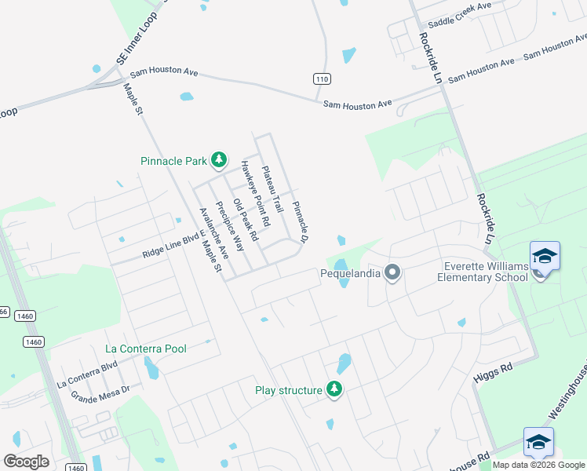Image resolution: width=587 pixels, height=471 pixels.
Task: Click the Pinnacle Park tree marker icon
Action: (x=219, y=161)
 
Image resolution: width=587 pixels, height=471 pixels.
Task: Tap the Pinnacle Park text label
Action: (x=173, y=161)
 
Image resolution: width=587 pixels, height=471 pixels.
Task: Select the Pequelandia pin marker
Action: (x=392, y=273)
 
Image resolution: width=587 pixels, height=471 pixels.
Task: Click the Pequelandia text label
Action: (x=350, y=273)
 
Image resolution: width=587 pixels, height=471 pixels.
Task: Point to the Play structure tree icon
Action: (x=334, y=389)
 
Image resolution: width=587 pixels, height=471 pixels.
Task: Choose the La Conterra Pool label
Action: (x=146, y=349)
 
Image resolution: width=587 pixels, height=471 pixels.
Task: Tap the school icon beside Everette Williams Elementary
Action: (x=545, y=257)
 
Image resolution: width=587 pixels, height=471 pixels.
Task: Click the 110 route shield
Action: (x=321, y=79)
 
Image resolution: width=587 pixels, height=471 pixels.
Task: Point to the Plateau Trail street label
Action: (x=272, y=189)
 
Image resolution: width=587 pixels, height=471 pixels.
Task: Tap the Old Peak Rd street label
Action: (x=245, y=219)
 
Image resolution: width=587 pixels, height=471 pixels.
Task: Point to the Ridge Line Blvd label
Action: (x=167, y=250)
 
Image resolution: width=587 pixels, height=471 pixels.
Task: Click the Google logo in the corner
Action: (x=27, y=461)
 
